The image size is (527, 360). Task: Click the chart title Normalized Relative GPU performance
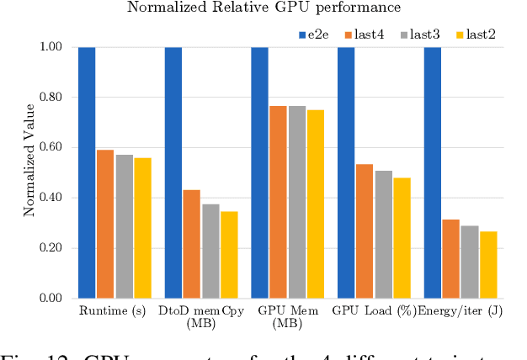(263, 8)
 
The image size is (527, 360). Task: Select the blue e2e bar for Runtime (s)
(87, 172)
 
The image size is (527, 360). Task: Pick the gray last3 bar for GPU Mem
(296, 202)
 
